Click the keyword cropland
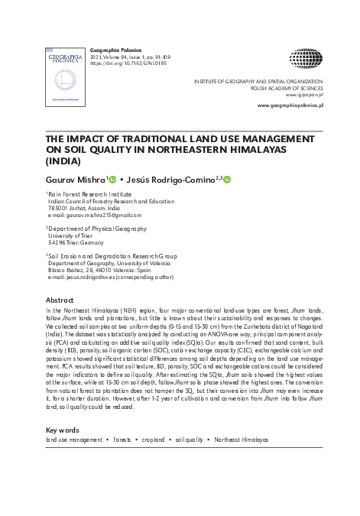coord(152,440)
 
